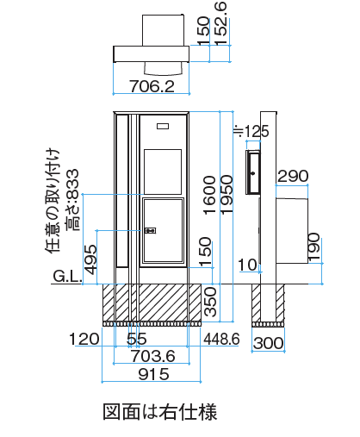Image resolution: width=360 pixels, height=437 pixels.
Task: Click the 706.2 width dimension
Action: tap(152, 86)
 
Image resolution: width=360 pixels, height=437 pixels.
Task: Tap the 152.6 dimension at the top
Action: tap(221, 23)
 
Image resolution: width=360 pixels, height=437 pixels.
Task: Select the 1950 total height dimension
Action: tap(227, 195)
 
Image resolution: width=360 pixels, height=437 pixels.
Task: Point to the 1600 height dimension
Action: tap(209, 195)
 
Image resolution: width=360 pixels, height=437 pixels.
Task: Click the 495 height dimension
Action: tap(90, 259)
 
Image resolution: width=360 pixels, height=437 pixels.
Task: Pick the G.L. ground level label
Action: tap(67, 277)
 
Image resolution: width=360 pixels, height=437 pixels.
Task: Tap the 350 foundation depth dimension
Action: tap(210, 302)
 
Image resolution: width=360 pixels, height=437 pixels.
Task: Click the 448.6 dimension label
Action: tap(221, 339)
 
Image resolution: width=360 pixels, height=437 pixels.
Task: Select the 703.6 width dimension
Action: tap(153, 356)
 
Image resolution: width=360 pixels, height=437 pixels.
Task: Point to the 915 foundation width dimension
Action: tap(153, 374)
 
